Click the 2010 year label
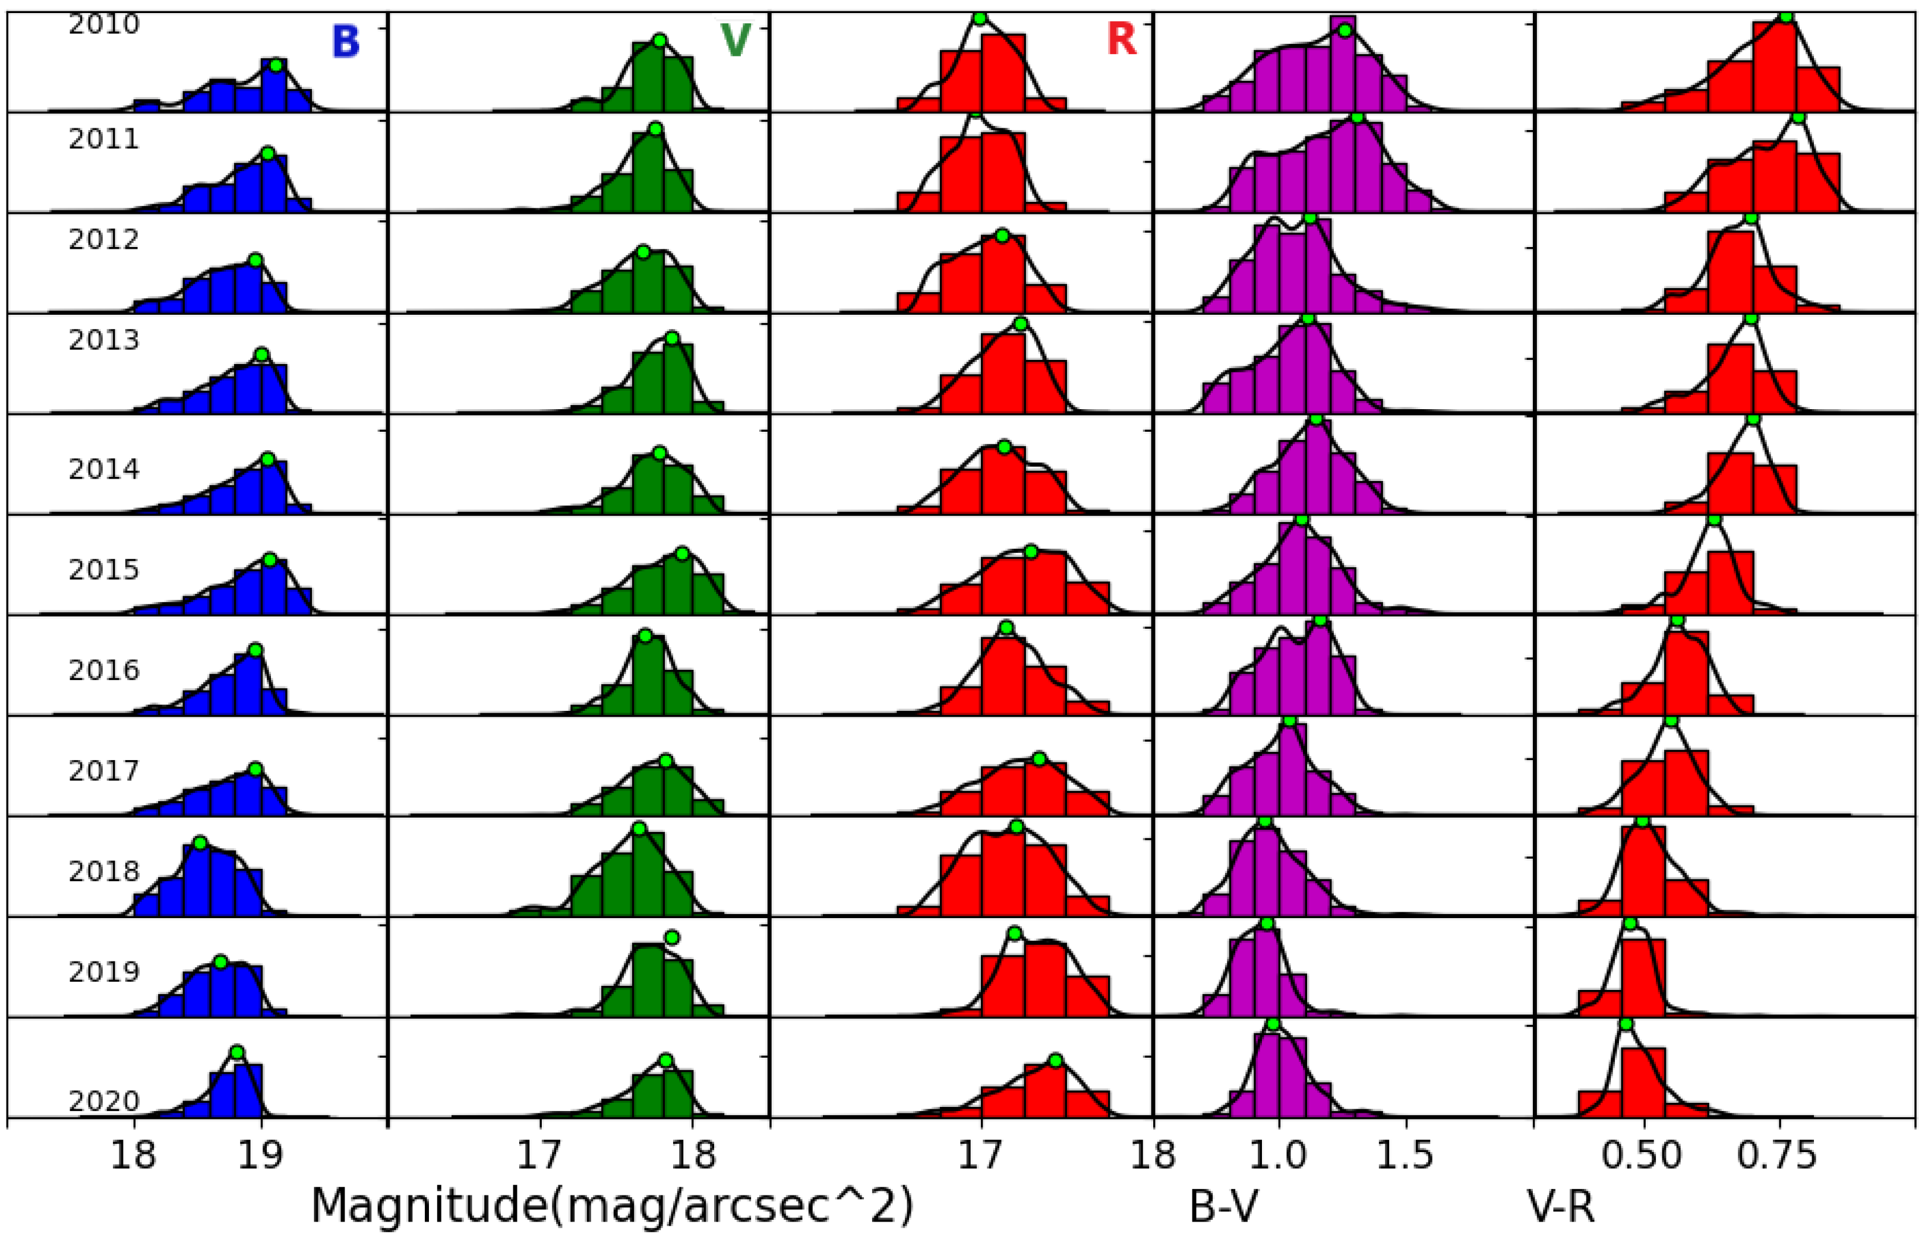click(x=103, y=25)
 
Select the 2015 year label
click(x=103, y=570)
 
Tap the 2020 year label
click(x=103, y=1100)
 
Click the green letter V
click(x=735, y=41)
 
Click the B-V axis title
click(x=1225, y=1206)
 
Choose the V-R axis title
click(x=1560, y=1206)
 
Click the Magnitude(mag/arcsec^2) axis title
click(x=612, y=1206)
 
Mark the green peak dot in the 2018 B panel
click(x=201, y=843)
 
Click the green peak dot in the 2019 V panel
click(x=673, y=937)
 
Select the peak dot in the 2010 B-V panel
click(x=1345, y=30)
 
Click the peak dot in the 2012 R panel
click(x=1002, y=235)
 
